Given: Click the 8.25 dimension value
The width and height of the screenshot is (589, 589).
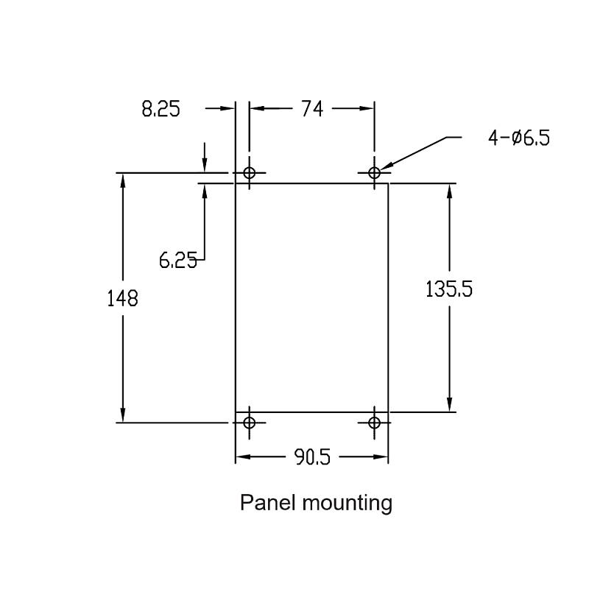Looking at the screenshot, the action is [161, 109].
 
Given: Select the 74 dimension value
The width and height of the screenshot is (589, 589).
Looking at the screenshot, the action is [312, 109].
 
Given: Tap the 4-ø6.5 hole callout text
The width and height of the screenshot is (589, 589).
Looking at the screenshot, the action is [519, 138].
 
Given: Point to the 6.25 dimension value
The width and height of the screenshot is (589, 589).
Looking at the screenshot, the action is [178, 260].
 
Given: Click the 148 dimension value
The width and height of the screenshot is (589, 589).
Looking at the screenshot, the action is [122, 299].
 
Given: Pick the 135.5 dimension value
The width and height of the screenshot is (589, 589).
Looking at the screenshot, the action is [449, 289].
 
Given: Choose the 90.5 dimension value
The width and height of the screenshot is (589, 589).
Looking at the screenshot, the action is [312, 457].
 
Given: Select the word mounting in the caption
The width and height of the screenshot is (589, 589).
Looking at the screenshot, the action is [348, 504].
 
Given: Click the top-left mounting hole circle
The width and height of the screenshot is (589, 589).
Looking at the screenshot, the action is [250, 173].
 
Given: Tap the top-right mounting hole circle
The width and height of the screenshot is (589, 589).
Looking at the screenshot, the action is [374, 173].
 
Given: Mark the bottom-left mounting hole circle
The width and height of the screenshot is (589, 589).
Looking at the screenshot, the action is [250, 423].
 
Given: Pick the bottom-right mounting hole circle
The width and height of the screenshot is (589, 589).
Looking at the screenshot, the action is [374, 423].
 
